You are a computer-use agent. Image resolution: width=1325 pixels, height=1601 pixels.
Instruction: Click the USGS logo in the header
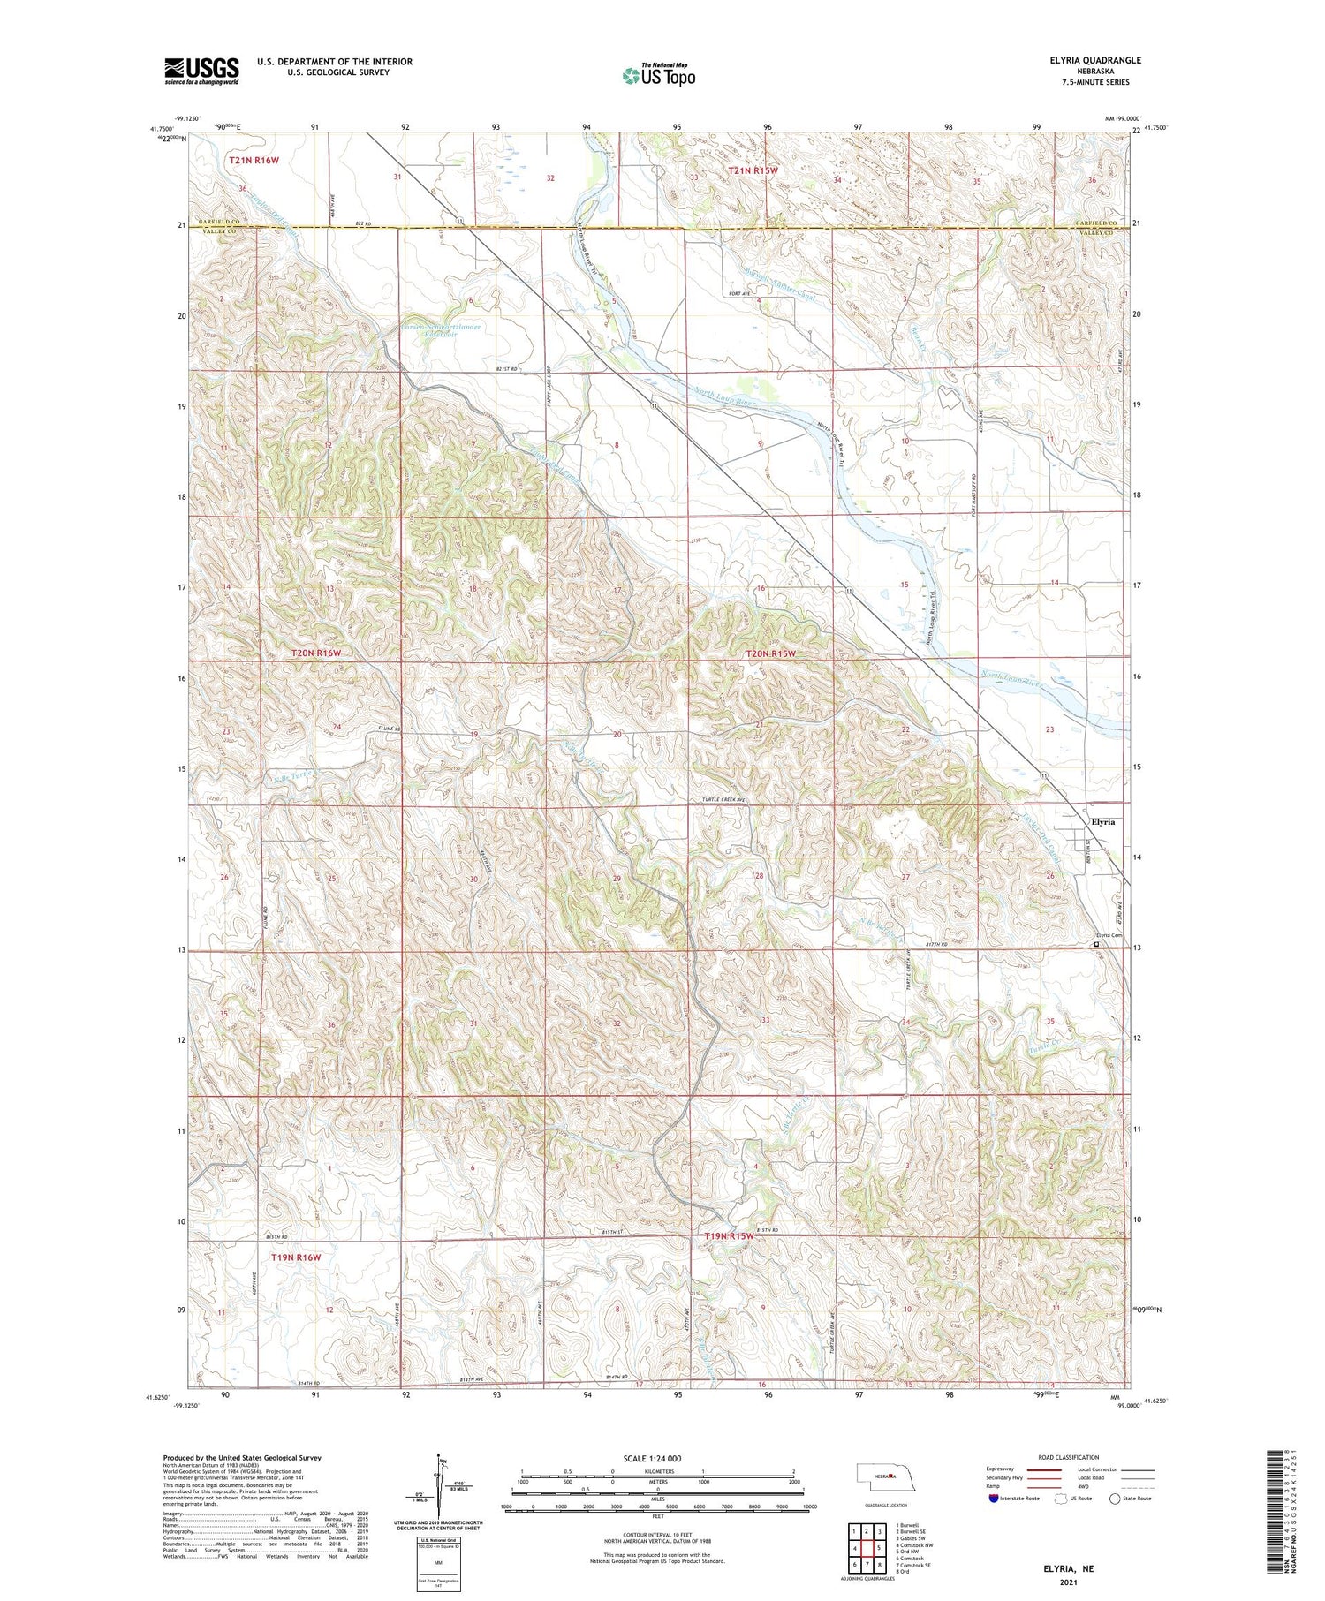201,71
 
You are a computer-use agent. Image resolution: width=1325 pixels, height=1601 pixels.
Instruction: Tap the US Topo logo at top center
658,74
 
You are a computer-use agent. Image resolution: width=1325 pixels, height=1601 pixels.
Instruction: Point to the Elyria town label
1102,821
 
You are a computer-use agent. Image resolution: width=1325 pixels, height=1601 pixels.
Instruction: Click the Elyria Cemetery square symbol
1097,944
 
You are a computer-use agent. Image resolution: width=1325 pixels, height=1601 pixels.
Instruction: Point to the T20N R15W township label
770,653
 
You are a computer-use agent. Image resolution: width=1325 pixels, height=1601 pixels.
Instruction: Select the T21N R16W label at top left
254,160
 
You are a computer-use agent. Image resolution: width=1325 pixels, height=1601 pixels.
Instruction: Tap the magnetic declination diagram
437,1486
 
